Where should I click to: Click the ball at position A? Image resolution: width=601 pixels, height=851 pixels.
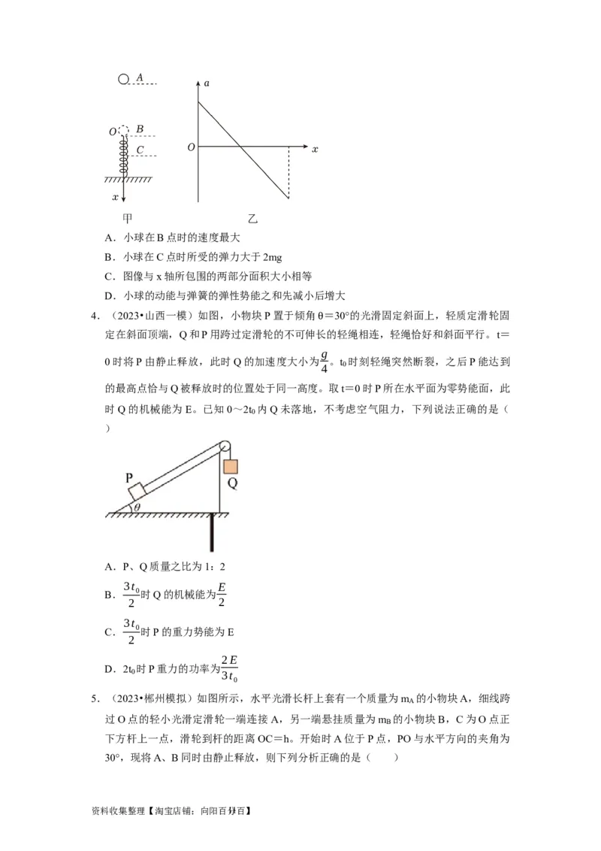click(x=124, y=78)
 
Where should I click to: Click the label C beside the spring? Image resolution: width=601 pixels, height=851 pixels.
click(x=140, y=150)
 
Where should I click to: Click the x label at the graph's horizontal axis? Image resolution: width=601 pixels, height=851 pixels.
click(x=315, y=149)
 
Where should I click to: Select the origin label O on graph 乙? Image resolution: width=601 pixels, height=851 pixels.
click(x=191, y=147)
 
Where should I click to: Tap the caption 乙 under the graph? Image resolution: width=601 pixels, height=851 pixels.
click(x=252, y=219)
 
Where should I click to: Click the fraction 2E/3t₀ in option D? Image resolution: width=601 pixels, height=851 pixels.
click(x=230, y=668)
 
